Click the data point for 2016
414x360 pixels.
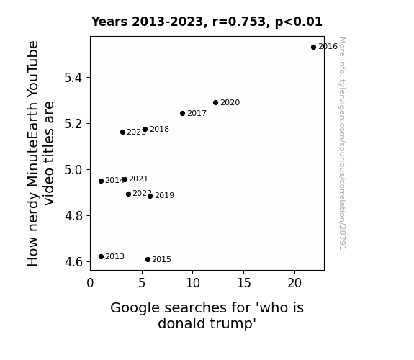point(313,48)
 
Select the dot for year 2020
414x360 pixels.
point(216,102)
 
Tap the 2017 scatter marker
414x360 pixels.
point(182,113)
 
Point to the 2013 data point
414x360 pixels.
point(101,257)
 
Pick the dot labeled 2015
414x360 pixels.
point(148,260)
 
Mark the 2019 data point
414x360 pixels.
point(150,197)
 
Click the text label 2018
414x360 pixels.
point(159,129)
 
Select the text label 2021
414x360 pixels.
point(139,179)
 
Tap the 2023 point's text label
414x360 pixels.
point(136,132)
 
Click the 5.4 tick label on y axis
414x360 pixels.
point(73,78)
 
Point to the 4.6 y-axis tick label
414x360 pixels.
point(73,262)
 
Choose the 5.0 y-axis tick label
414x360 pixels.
point(73,170)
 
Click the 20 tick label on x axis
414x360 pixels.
point(294,283)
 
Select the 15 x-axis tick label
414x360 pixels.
point(243,283)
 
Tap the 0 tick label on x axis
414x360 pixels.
point(90,283)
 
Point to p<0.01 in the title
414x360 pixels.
point(299,22)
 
